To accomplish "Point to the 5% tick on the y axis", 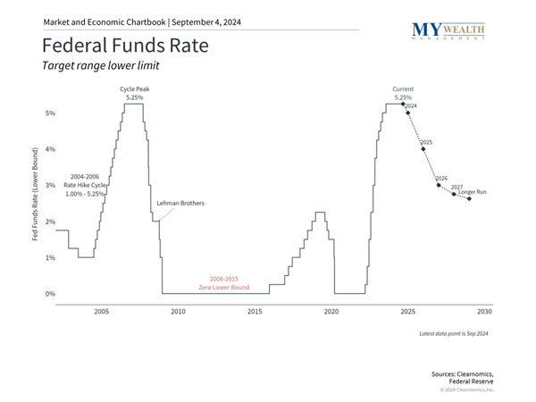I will tap(50, 113).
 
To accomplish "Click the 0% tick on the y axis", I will tap(50, 294).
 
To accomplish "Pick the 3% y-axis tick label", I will tap(50, 186).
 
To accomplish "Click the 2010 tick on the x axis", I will tap(177, 311).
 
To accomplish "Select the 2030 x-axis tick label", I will tap(484, 311).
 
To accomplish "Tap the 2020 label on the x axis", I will tap(331, 311).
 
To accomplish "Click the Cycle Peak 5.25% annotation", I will tap(135, 93).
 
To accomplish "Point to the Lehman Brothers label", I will tap(180, 204).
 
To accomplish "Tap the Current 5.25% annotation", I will tap(404, 93).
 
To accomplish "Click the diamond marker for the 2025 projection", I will tap(423, 149).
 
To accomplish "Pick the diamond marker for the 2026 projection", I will tap(439, 185).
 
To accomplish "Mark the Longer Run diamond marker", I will tap(470, 198).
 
